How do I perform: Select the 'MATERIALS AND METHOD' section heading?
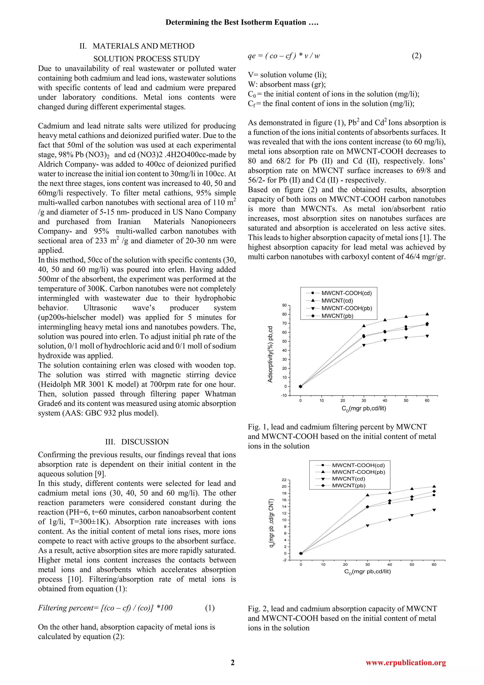coord(143,46)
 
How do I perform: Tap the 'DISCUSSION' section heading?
coord(145,442)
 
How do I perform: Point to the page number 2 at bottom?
coord(233,663)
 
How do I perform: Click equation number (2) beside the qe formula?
coord(416,56)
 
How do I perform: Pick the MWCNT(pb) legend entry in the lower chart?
coord(348,485)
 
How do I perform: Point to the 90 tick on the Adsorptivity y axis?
coord(285,305)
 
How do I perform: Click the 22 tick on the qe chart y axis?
coord(284,480)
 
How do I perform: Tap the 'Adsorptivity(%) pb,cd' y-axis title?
coord(270,354)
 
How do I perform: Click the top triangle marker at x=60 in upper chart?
coord(427,314)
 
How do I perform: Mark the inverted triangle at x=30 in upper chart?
coord(364,345)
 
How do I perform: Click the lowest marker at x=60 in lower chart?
coord(434,510)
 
